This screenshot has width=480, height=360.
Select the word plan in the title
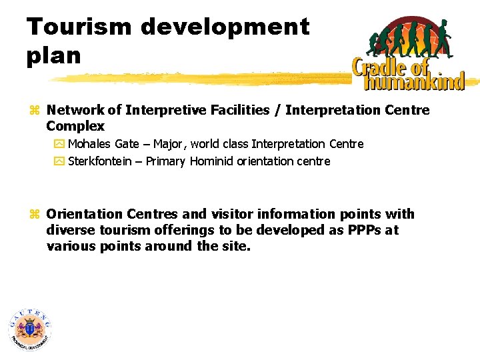click(x=53, y=56)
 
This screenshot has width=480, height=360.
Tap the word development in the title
click(x=225, y=27)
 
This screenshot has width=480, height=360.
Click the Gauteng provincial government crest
click(x=30, y=329)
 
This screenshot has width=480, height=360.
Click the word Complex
click(x=75, y=126)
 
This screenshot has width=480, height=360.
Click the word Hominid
click(x=212, y=161)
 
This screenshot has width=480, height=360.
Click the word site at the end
click(x=237, y=246)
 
